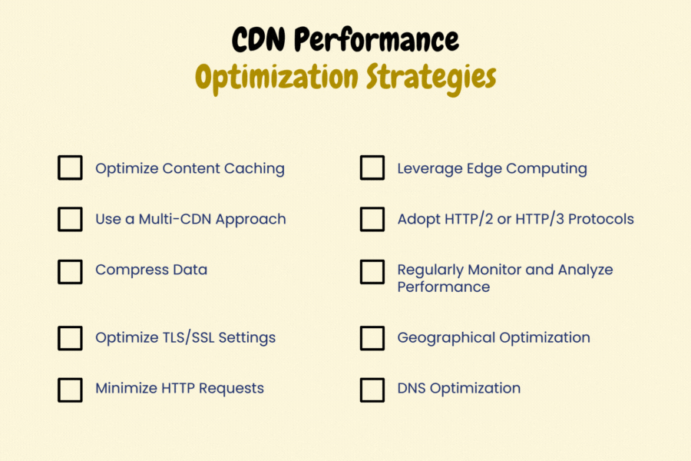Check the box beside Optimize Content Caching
click(x=70, y=168)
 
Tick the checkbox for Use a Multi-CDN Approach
click(x=70, y=219)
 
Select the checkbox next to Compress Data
click(x=70, y=270)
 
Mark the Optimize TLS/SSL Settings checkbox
click(x=70, y=338)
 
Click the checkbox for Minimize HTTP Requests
click(x=70, y=389)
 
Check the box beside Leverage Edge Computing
click(x=372, y=168)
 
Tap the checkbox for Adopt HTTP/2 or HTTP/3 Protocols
click(x=372, y=219)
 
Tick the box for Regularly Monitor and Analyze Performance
click(x=372, y=270)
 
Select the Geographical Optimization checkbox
click(x=372, y=338)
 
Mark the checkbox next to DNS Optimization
click(x=372, y=389)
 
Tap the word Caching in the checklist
click(x=254, y=168)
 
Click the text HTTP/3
click(x=537, y=219)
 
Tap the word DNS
click(x=412, y=388)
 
